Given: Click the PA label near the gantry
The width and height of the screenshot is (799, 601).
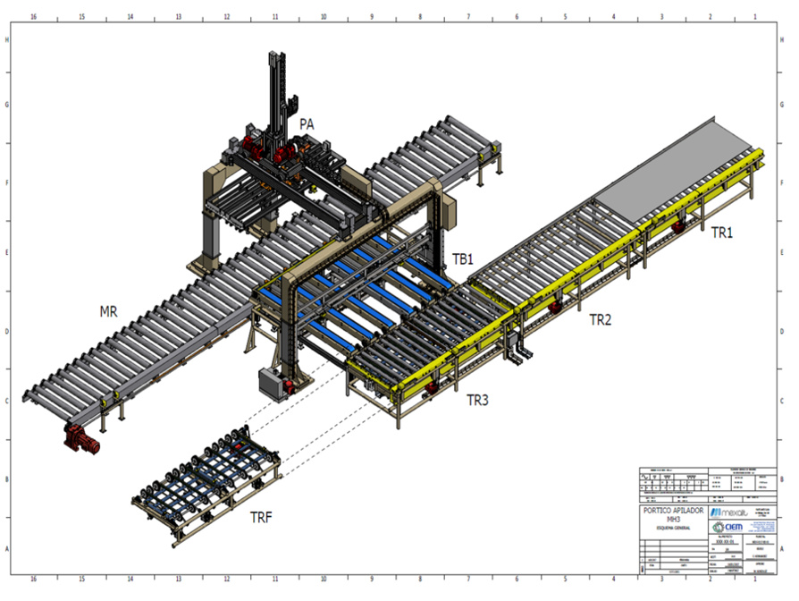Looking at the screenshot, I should point(307,125).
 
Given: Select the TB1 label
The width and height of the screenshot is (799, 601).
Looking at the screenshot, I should point(462,259).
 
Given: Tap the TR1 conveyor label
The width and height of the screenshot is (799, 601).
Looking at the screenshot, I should point(722,233).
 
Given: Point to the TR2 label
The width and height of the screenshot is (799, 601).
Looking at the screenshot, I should point(600,317).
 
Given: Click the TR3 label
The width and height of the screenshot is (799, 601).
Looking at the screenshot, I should point(477,400).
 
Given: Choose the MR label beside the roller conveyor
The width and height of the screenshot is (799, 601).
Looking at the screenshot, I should point(110,313).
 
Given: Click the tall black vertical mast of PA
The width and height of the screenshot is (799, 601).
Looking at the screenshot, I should point(276,89).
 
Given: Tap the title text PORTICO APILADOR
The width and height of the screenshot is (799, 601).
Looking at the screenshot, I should point(673,511).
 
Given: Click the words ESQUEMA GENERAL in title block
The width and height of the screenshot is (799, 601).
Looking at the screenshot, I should point(672,529).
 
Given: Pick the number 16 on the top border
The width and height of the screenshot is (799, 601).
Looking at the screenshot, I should point(33,16).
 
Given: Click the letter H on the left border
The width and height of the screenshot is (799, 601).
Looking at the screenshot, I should point(8,39).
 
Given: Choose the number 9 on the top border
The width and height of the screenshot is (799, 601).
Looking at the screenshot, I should point(371,16).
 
